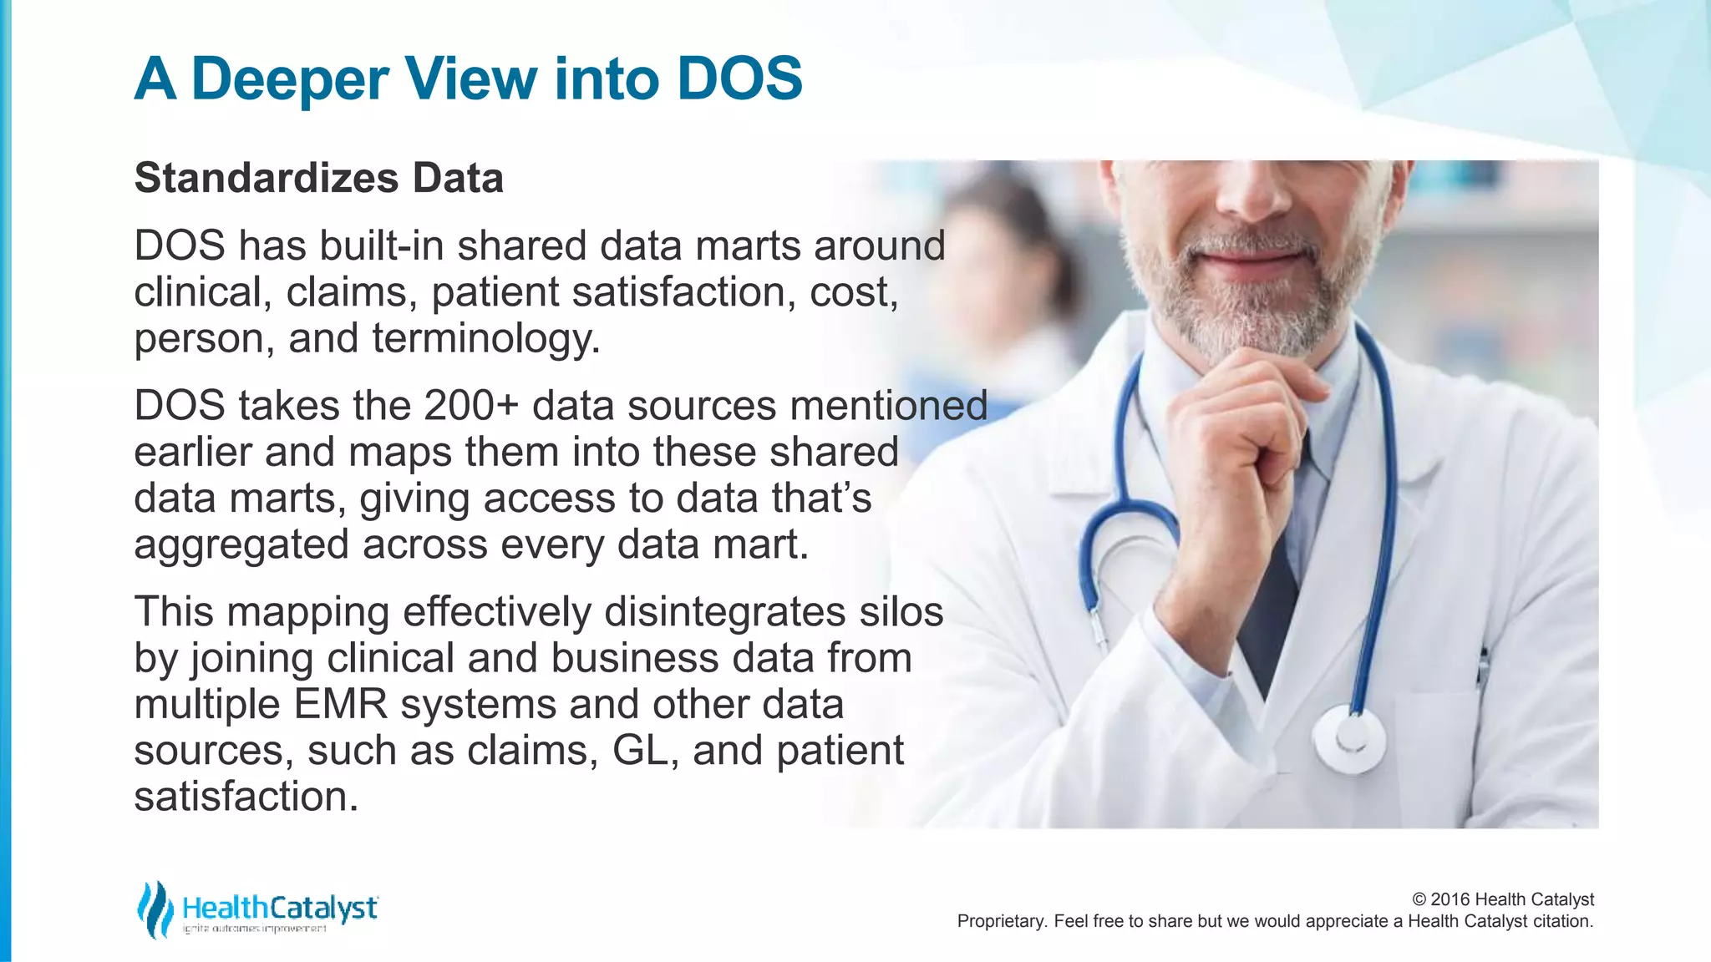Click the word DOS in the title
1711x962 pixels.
pyautogui.click(x=739, y=79)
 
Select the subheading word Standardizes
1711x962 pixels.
pyautogui.click(x=267, y=178)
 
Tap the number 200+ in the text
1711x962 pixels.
pyautogui.click(x=471, y=406)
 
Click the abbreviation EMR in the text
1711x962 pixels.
pyautogui.click(x=341, y=704)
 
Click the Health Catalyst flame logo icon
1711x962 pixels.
pyautogui.click(x=155, y=909)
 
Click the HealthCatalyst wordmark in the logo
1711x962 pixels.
pyautogui.click(x=280, y=908)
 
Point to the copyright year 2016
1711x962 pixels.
pyautogui.click(x=1450, y=899)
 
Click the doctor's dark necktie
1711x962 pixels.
pyautogui.click(x=1271, y=601)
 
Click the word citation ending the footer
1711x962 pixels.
pyautogui.click(x=1562, y=921)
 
